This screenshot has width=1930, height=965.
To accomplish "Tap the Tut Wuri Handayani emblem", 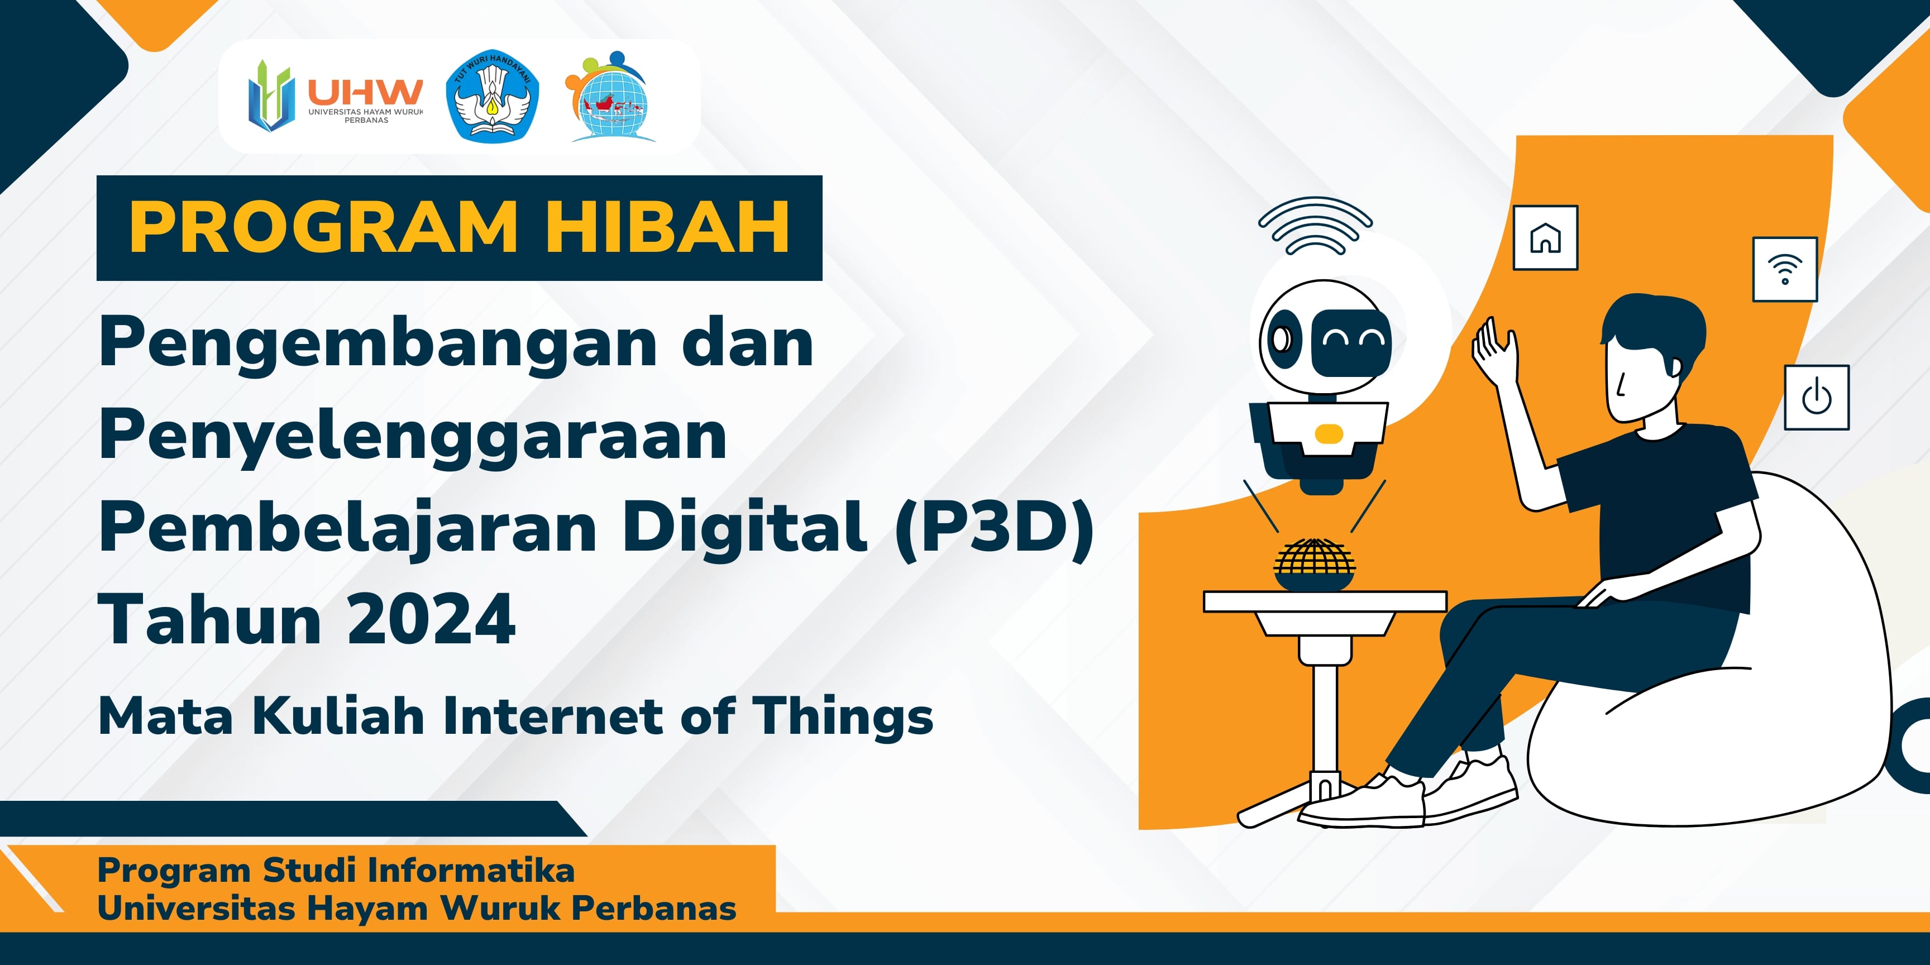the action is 492,96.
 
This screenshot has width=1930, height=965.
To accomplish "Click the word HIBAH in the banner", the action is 667,227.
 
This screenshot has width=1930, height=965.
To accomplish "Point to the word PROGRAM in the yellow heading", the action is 324,227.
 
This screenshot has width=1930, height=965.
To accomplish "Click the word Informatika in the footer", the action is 471,871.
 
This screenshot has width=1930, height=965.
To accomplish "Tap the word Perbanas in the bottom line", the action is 654,908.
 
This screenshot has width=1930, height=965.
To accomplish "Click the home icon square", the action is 1546,237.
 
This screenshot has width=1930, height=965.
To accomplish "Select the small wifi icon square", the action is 1785,269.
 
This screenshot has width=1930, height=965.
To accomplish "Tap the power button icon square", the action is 1817,397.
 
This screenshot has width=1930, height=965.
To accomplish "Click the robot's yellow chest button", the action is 1329,433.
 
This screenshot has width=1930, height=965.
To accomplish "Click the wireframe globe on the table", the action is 1315,564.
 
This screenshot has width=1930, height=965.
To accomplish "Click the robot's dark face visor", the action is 1351,342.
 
